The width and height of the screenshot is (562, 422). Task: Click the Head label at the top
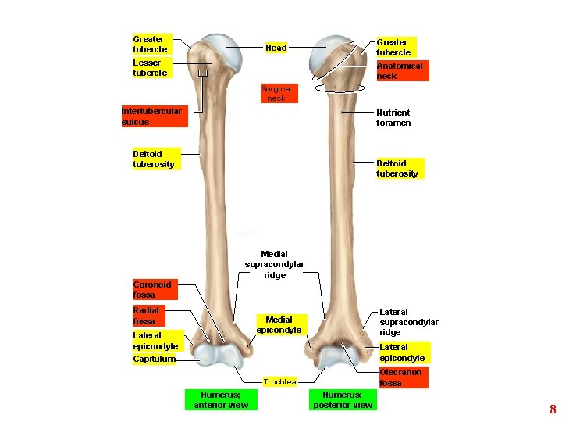coord(276,48)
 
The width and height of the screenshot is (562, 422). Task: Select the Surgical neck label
coord(276,94)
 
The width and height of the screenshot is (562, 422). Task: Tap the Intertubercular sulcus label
coord(151,116)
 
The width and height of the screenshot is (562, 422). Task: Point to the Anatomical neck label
coord(399,71)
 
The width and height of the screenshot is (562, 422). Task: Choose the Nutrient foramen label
coord(393,117)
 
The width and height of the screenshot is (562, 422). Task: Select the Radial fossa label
coord(146,316)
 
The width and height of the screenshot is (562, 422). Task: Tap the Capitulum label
coord(154,359)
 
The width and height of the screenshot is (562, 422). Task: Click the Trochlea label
coord(279,382)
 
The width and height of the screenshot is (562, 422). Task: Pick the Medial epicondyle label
coord(279,324)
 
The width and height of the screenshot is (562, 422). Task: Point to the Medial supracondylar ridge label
coord(275,265)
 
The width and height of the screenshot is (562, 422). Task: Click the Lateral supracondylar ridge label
coord(408,322)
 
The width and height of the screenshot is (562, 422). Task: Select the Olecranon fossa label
coord(400,377)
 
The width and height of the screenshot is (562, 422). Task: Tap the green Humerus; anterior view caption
coord(221,399)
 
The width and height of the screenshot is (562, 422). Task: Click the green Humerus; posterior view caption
coord(342,399)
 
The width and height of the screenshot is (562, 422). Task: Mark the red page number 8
coord(553,409)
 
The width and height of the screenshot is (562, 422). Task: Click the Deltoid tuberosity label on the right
coord(397,168)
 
